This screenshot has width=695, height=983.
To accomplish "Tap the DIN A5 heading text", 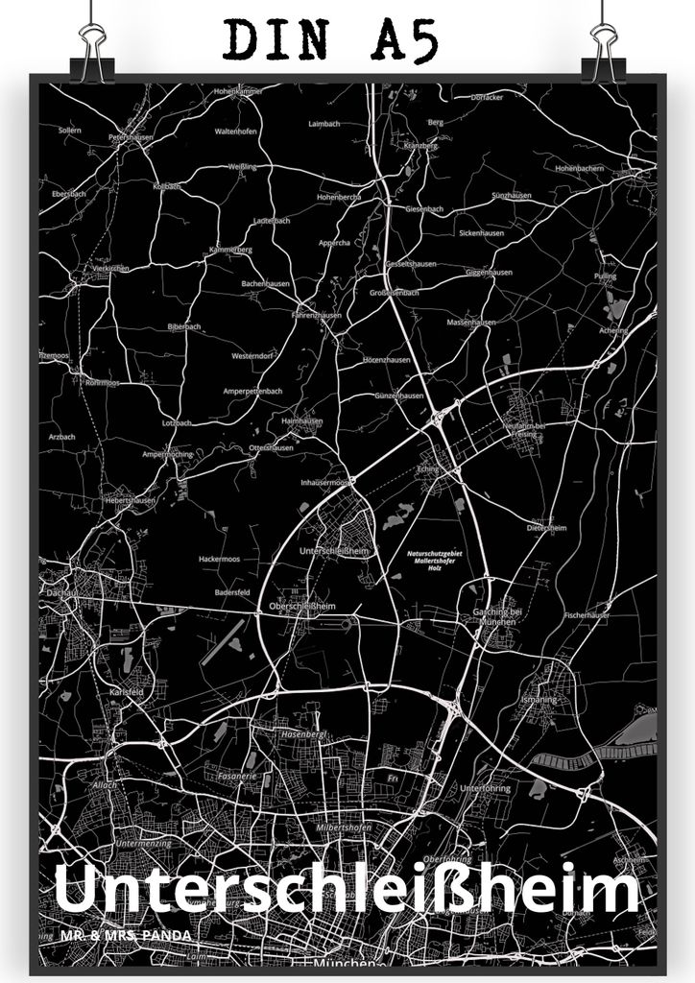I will tap(332, 40).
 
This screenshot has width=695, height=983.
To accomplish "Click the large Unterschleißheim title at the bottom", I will tap(347, 891).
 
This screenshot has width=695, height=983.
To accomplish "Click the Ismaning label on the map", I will tap(539, 700).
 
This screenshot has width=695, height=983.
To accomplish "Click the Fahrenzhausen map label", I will tap(317, 313).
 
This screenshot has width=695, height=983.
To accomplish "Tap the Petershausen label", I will tap(132, 137).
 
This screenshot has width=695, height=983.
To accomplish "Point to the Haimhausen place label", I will tap(301, 420).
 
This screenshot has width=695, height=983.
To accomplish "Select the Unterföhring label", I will tap(486, 788).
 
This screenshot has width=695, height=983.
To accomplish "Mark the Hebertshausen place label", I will tap(130, 500).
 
